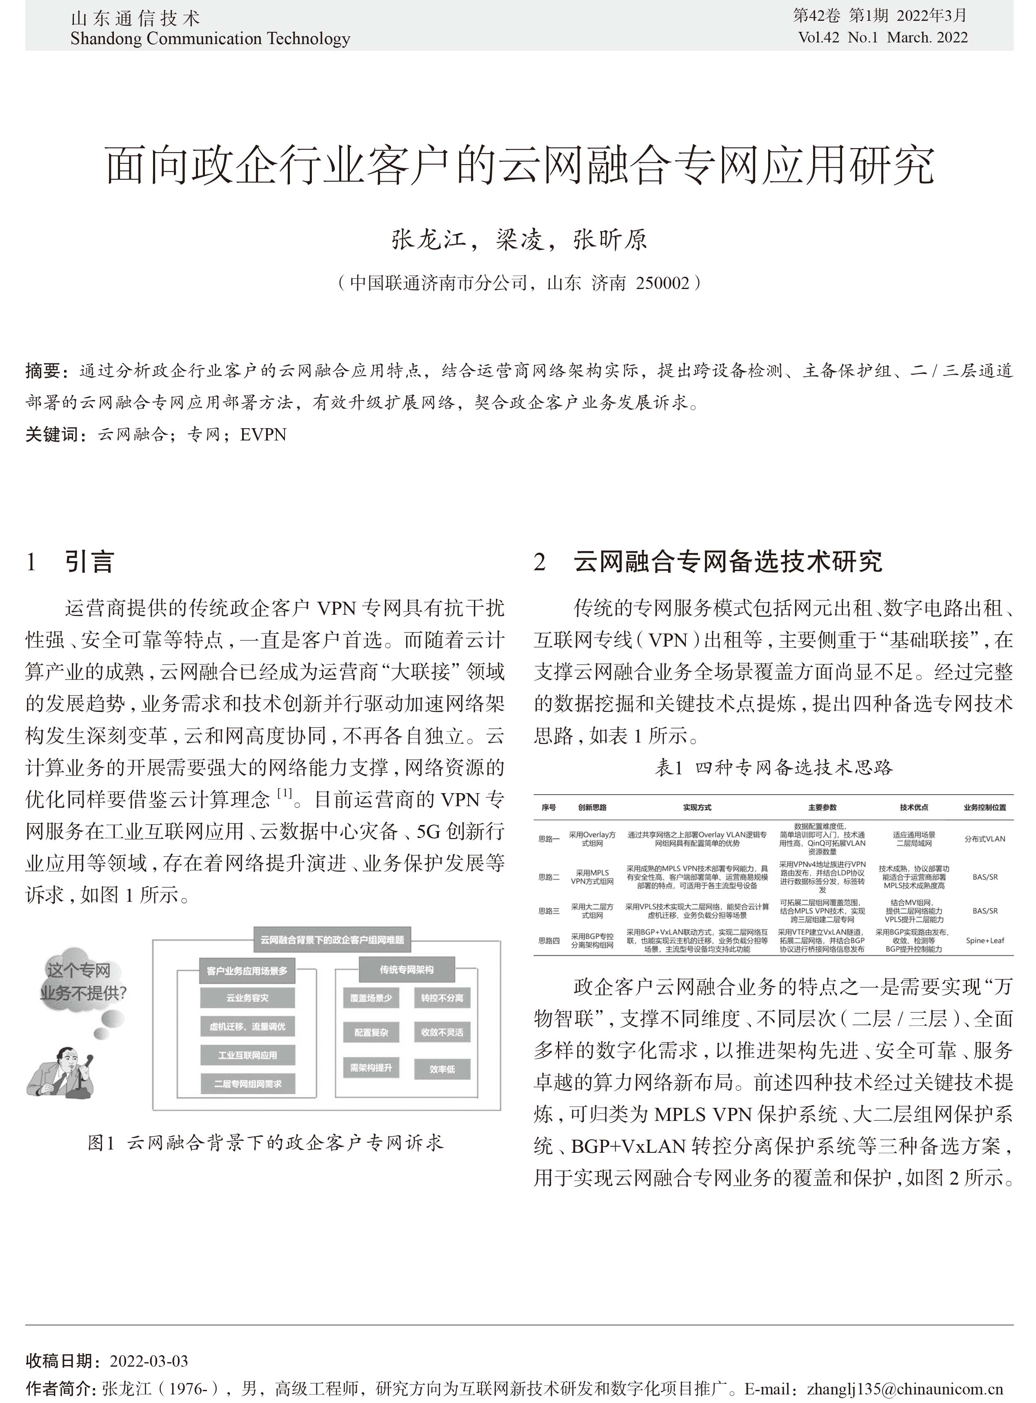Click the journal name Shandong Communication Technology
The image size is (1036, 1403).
click(210, 39)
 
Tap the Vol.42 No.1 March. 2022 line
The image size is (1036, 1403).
click(883, 38)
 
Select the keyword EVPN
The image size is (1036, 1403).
click(263, 435)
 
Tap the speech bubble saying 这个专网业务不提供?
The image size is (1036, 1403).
click(82, 982)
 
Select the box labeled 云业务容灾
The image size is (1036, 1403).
click(247, 998)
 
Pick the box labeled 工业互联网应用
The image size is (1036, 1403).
click(247, 1055)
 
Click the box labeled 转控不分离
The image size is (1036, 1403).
click(442, 998)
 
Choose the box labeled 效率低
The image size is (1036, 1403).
click(442, 1069)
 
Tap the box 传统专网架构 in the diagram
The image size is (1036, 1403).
click(407, 969)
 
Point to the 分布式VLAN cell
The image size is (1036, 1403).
click(985, 838)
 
